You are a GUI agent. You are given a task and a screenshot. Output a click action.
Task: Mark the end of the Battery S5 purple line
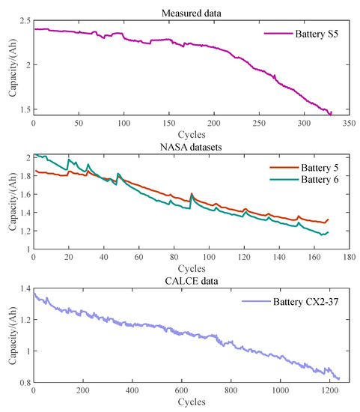click(330, 113)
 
